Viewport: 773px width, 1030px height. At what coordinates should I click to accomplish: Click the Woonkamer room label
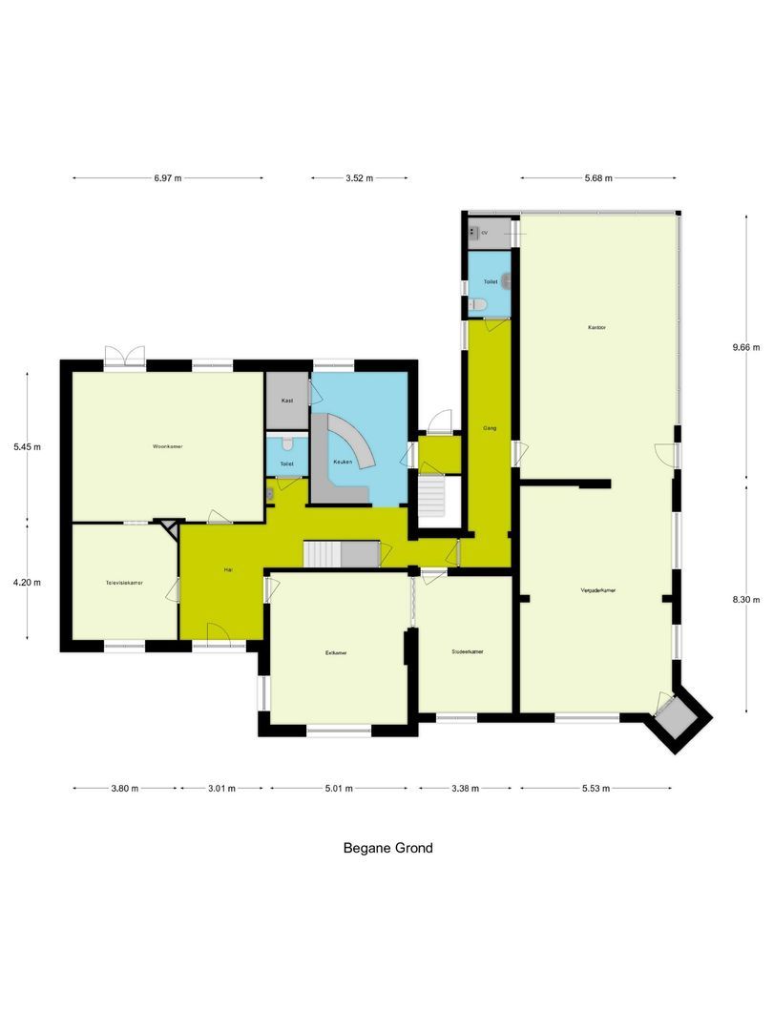click(x=167, y=446)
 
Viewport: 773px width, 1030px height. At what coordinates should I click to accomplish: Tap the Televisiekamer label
click(x=124, y=582)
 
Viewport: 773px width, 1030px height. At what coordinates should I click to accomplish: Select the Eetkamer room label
click(x=335, y=653)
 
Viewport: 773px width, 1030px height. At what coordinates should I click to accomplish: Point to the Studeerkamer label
click(x=468, y=652)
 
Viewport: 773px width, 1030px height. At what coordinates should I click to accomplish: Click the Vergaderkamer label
click(x=597, y=590)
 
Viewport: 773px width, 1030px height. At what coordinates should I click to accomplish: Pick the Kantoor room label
click(x=597, y=327)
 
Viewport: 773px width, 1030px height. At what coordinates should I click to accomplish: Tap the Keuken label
click(x=342, y=463)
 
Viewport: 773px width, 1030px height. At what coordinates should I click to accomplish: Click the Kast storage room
click(x=286, y=401)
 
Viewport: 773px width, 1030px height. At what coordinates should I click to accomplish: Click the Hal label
click(x=228, y=569)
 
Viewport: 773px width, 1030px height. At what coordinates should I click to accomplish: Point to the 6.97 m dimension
click(x=168, y=178)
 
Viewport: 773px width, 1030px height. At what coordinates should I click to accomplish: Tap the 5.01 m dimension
click(x=339, y=789)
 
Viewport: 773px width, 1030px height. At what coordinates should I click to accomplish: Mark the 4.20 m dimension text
click(x=26, y=582)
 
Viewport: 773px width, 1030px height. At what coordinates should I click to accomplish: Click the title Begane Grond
click(x=387, y=848)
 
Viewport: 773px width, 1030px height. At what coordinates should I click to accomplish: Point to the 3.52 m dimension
click(x=359, y=178)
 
